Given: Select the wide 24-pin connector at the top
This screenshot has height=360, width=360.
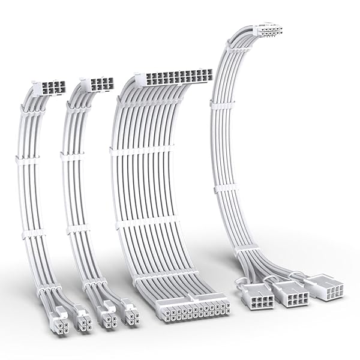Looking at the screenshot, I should [x=174, y=77].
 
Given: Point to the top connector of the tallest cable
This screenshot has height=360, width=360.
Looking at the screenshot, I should [x=268, y=30].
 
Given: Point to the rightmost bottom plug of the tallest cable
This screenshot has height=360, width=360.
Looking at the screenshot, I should [x=324, y=287].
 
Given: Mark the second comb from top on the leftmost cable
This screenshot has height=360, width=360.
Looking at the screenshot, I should [x=28, y=160].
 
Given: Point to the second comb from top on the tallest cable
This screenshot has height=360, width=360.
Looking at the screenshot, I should [x=222, y=103].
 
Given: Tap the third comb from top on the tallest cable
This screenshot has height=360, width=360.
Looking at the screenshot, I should [x=226, y=188].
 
